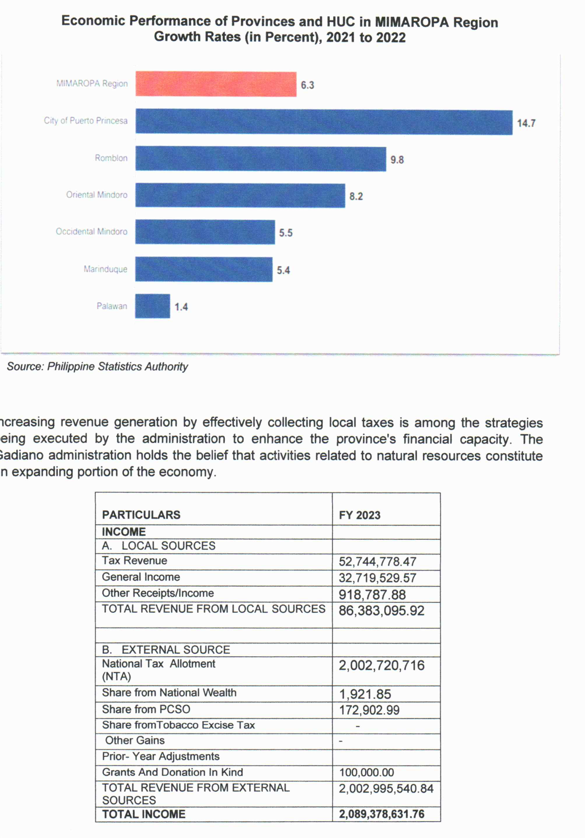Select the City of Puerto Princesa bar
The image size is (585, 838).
pyautogui.click(x=324, y=122)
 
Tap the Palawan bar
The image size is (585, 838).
pyautogui.click(x=152, y=306)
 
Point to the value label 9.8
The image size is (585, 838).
pyautogui.click(x=397, y=160)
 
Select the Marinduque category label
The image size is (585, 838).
pyautogui.click(x=105, y=269)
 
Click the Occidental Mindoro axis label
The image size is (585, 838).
pyautogui.click(x=92, y=231)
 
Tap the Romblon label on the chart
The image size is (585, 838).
pyautogui.click(x=111, y=158)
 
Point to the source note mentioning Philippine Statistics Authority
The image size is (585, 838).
pyautogui.click(x=97, y=366)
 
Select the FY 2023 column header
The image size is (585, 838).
pyautogui.click(x=360, y=515)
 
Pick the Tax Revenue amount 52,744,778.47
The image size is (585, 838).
pyautogui.click(x=378, y=561)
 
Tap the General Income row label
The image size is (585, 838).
pyautogui.click(x=141, y=577)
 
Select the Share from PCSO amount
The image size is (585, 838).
pyautogui.click(x=369, y=710)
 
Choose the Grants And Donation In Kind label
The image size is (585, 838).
pyautogui.click(x=172, y=772)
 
